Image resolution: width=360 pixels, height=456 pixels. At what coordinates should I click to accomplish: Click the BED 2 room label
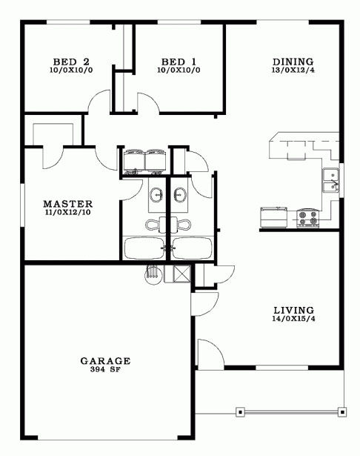point(71,62)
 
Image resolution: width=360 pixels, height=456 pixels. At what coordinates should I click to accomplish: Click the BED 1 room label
point(179,62)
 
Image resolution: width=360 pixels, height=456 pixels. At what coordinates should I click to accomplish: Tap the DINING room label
point(293,62)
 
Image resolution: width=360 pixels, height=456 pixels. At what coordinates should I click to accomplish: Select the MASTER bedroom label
point(67,204)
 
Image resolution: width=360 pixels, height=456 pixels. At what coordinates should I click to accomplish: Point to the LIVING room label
point(294,310)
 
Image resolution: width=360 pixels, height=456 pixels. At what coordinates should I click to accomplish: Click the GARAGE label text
point(105,361)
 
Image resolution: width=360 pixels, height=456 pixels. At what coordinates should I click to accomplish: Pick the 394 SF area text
point(105,370)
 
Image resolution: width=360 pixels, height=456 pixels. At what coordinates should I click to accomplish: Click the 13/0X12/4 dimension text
point(293,70)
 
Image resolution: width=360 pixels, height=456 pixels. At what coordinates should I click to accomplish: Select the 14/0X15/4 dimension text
point(294,318)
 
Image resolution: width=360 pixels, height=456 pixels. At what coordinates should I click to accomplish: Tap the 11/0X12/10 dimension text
point(67,212)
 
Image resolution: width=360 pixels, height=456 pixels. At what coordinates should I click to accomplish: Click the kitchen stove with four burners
point(307,218)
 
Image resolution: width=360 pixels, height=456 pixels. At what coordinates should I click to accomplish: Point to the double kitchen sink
point(331,180)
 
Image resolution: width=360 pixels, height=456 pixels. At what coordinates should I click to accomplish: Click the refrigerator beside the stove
point(274,217)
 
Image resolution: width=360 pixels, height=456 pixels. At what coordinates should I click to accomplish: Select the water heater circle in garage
point(153,274)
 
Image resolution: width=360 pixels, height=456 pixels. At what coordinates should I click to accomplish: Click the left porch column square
point(240,412)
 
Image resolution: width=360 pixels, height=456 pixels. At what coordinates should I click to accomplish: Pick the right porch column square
point(342,412)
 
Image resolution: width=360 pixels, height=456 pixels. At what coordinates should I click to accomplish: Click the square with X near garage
point(181,274)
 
